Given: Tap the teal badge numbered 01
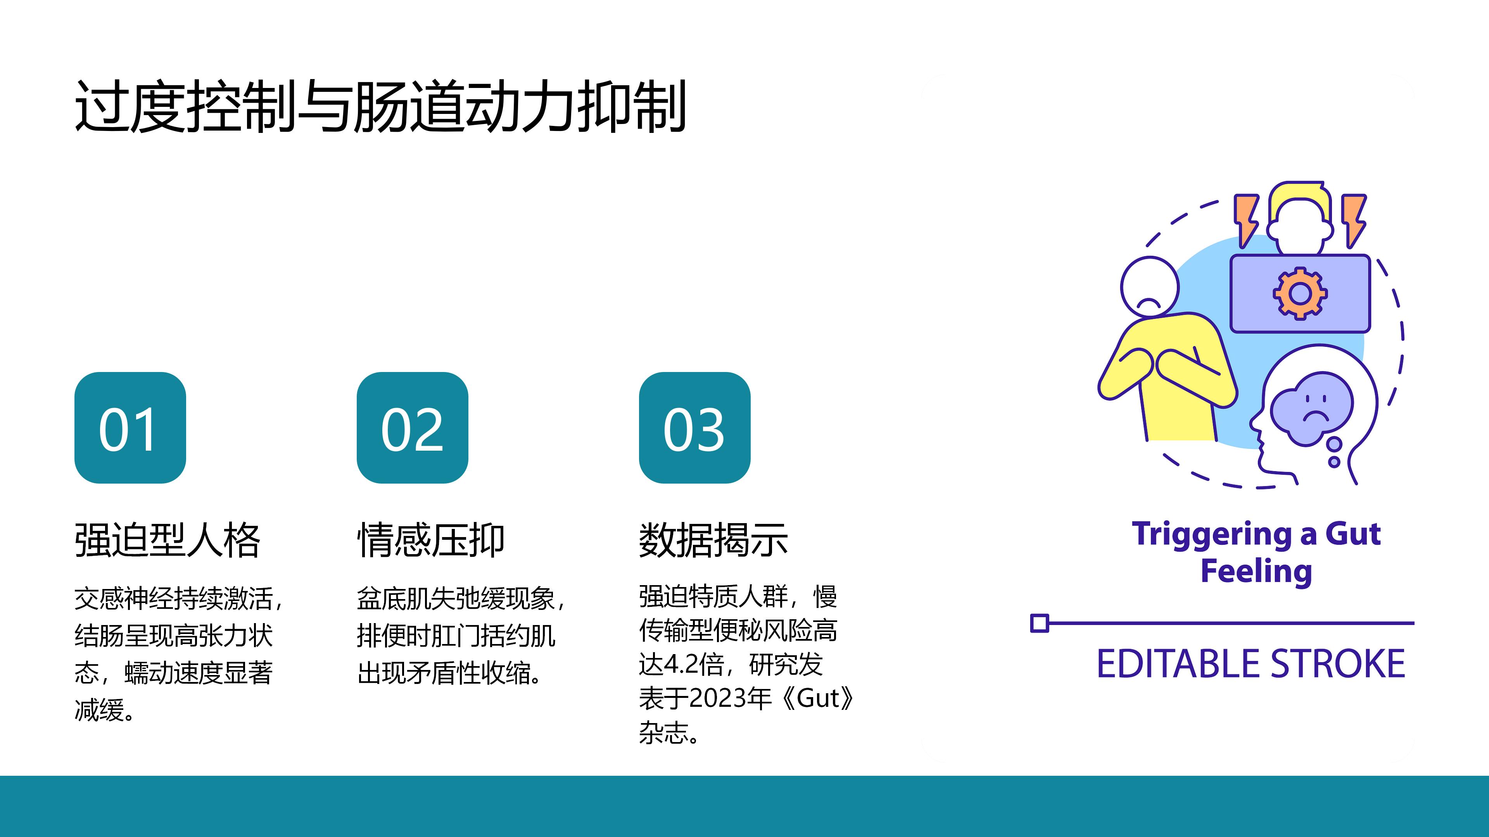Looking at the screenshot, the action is click(130, 427).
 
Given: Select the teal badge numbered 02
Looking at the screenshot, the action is click(412, 427).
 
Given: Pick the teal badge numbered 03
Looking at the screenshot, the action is click(694, 427).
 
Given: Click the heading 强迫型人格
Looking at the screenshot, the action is click(168, 540).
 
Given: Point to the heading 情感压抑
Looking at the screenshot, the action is click(431, 540).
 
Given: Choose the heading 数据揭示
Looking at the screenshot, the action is click(713, 540).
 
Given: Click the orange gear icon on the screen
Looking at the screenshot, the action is click(1300, 293).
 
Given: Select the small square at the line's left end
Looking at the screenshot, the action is click(1039, 623).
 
